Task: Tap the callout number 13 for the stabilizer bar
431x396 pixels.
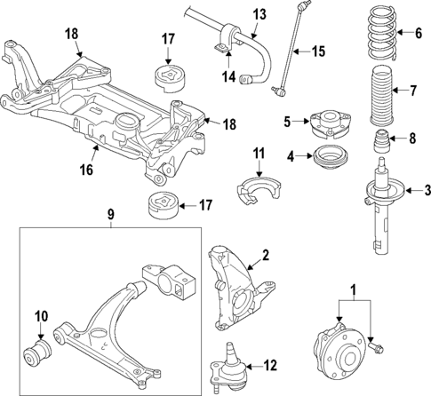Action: tap(259, 14)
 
